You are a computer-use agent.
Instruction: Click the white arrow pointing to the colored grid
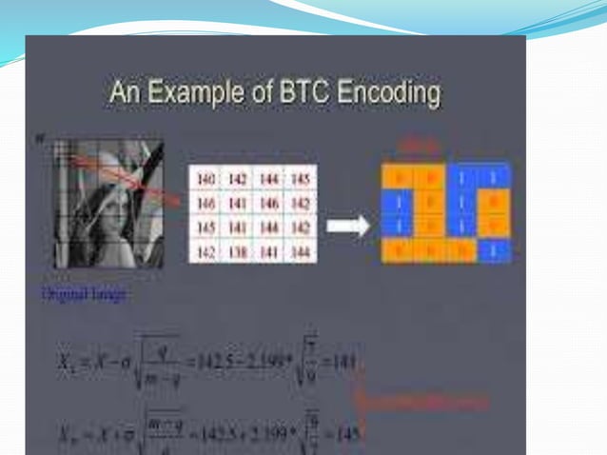346,227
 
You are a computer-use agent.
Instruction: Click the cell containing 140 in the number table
206,179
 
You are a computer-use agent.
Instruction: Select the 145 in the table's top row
301,179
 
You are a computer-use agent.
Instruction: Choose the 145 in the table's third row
206,227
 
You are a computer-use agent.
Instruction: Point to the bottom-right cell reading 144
301,251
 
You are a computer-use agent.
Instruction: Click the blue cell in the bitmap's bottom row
494,251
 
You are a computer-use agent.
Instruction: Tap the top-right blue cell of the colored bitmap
494,177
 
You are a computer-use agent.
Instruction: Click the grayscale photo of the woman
108,204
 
